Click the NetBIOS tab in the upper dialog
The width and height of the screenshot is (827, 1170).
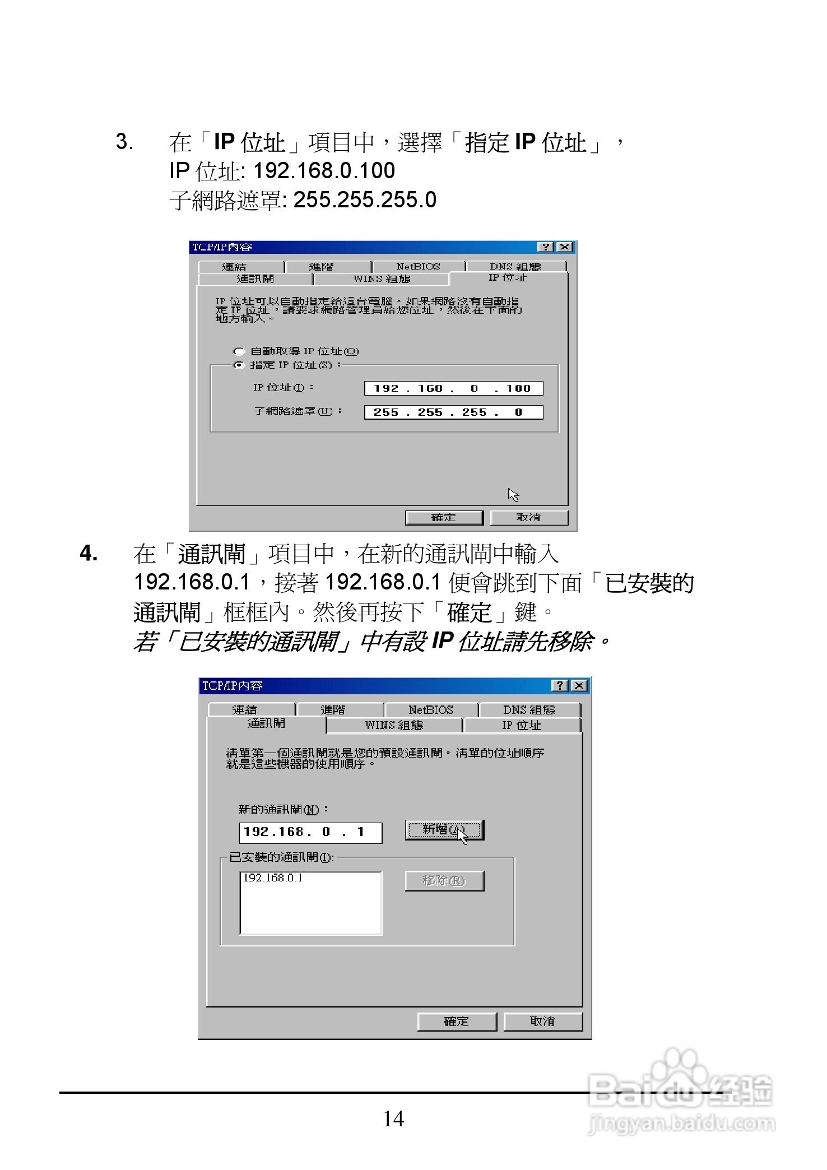coord(418,267)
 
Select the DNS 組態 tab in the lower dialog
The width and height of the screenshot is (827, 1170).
coord(529,710)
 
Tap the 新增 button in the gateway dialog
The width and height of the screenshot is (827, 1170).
coord(444,830)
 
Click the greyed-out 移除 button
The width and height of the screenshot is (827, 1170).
coord(444,881)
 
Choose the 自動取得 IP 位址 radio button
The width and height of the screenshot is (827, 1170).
coord(239,352)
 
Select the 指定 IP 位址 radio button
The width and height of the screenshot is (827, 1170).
coord(239,365)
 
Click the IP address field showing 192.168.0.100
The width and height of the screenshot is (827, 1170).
coord(453,388)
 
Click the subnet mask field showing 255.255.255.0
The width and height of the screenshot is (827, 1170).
coord(453,412)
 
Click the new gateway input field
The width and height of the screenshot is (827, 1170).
coord(310,833)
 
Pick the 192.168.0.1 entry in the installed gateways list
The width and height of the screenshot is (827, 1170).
coord(273,878)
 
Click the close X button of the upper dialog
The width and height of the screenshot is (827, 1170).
coord(565,247)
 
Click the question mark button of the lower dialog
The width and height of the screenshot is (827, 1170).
coord(560,686)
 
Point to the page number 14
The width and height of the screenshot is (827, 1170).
coord(393,1119)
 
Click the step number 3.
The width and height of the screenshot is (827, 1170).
coord(124,142)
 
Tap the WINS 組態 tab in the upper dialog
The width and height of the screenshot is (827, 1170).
coord(381,279)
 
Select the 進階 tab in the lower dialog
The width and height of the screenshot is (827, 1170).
coord(333,710)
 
